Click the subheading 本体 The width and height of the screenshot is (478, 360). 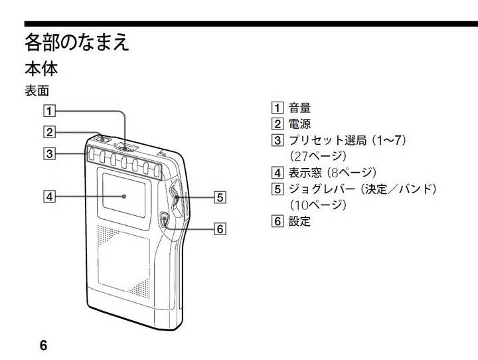(x=41, y=68)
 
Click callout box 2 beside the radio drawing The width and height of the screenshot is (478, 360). (x=48, y=132)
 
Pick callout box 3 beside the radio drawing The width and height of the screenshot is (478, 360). (x=48, y=153)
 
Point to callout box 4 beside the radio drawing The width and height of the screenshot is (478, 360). (x=48, y=196)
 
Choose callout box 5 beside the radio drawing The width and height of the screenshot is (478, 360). (x=220, y=197)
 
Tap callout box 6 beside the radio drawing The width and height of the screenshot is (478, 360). (x=220, y=229)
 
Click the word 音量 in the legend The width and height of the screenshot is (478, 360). (x=299, y=108)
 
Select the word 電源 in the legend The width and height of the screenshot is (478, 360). (x=299, y=124)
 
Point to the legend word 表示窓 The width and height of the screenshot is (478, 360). (x=305, y=173)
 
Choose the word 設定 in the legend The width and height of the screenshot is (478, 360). (x=299, y=222)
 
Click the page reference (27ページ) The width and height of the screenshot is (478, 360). (x=318, y=157)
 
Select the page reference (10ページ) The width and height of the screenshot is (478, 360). (x=318, y=205)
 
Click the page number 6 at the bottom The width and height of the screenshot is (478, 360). (x=43, y=345)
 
